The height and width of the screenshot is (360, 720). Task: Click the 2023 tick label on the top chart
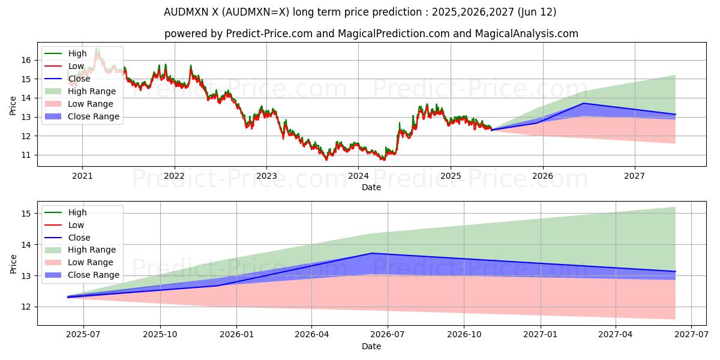coord(266,176)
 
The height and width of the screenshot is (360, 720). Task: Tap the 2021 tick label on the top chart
coord(82,176)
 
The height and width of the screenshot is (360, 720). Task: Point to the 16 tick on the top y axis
coord(26,60)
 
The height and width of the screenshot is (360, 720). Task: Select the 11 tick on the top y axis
coord(26,155)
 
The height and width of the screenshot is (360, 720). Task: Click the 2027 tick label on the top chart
coord(634,176)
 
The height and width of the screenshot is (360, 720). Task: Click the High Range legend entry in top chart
coord(92,91)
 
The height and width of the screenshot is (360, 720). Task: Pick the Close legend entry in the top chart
coord(79,79)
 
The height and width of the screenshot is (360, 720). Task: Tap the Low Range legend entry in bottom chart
coord(91,262)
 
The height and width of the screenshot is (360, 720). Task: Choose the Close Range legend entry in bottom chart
coord(94,275)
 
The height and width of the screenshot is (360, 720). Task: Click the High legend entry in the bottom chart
coord(77,212)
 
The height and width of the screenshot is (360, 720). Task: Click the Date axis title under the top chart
coord(371,187)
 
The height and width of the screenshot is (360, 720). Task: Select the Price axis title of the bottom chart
coord(14,263)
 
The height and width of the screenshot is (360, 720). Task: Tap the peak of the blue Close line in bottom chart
coord(371,253)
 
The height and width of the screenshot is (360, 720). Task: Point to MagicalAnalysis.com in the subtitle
coord(527,34)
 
